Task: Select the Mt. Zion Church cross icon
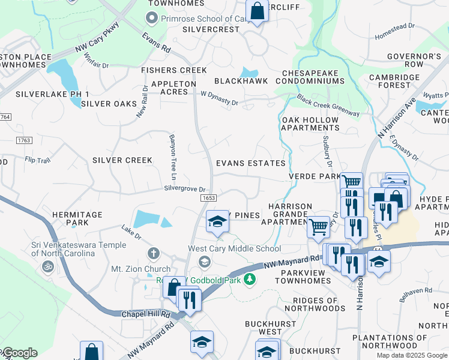coord(154,253)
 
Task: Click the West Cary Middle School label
coord(234,248)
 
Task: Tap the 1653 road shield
coord(208,198)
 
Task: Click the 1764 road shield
coord(5,116)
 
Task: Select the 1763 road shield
coord(24,140)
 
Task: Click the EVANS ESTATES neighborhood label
coord(250,163)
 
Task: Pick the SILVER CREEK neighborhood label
coord(122,160)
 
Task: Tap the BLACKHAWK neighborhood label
coord(241,81)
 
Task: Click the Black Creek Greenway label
coord(328,105)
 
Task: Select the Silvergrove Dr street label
coord(188,188)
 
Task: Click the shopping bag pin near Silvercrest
coord(257,11)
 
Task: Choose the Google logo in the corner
coord(19,353)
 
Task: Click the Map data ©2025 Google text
coord(412,355)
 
